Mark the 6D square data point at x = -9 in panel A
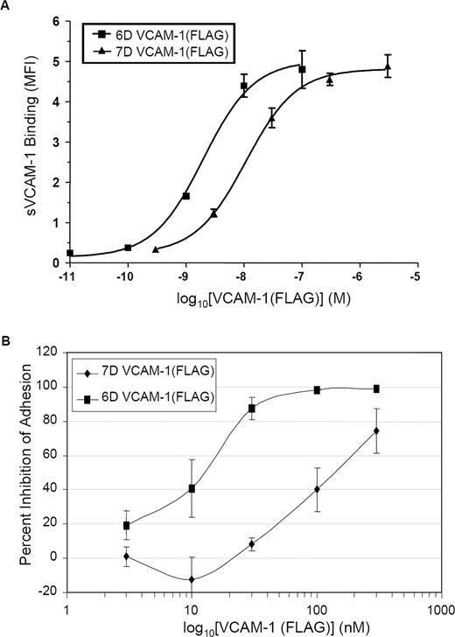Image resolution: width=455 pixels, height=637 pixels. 185,196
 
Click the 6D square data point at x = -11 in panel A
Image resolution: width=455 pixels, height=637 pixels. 70,253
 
